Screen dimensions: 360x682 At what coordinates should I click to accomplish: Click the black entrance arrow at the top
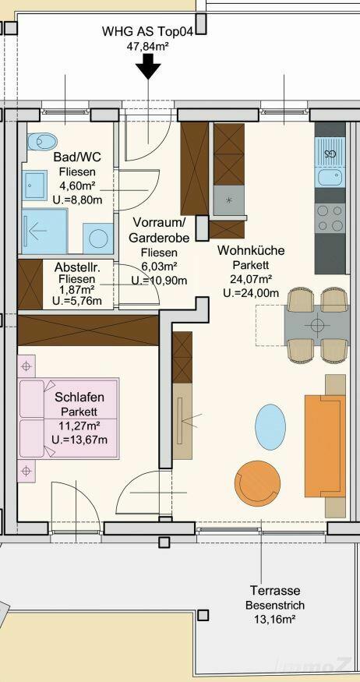point(148,69)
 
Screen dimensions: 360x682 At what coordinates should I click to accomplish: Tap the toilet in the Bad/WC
point(42,141)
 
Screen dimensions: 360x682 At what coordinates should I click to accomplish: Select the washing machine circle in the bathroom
point(98,239)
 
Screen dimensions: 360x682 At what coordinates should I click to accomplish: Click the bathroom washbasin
point(34,185)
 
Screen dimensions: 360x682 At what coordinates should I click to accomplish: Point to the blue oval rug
point(270,427)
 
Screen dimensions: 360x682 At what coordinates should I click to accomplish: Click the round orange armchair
point(257,484)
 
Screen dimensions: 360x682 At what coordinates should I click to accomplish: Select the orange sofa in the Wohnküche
point(325,445)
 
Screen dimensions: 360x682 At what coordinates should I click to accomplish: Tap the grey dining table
point(317,325)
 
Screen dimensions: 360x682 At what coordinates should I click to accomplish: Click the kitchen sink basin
point(330,177)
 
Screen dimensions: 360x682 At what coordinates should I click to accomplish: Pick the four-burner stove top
point(330,218)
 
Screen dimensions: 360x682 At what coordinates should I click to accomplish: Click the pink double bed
point(69,418)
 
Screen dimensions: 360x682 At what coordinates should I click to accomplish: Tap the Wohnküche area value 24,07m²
point(252,279)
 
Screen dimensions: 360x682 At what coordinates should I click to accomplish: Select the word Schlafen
point(79,397)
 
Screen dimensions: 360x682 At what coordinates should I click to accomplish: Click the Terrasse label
point(275,590)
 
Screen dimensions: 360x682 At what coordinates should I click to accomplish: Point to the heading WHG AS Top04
point(148,32)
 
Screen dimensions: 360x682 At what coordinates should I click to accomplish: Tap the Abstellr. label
point(74,267)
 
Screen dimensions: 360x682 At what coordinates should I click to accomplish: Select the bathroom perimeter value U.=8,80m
point(77,201)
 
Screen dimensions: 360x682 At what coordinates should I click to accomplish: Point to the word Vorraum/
point(159,223)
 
